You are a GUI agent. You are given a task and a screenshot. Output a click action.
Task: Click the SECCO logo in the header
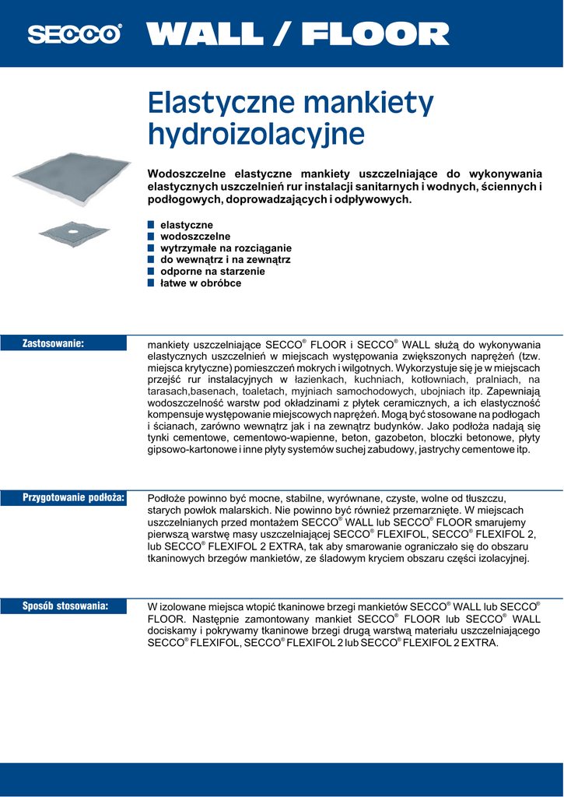(75, 34)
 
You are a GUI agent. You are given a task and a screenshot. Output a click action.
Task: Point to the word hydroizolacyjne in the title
(256, 133)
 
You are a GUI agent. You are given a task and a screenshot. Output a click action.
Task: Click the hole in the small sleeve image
(72, 230)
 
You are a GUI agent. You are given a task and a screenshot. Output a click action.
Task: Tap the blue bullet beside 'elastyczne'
(152, 225)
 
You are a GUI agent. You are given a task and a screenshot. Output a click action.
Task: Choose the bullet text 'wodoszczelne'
(195, 236)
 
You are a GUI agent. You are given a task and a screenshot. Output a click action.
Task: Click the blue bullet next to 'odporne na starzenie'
(152, 272)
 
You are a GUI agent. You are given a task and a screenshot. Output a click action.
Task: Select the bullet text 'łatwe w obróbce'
(201, 283)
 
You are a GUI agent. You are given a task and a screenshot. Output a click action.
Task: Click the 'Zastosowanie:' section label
(53, 342)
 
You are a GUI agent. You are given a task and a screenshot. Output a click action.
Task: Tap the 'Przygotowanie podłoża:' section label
(74, 497)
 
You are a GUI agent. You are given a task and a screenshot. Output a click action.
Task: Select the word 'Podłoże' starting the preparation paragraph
(166, 497)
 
